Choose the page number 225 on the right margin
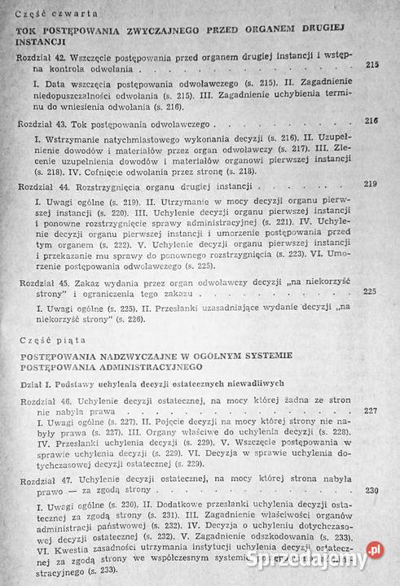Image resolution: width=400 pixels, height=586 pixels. [370, 291]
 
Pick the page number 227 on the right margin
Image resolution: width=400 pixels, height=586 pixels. [370, 411]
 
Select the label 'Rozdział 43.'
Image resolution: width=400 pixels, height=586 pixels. [42, 126]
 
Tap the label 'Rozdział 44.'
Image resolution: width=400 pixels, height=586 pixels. [42, 186]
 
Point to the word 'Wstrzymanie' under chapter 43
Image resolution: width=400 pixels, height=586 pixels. [73, 140]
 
